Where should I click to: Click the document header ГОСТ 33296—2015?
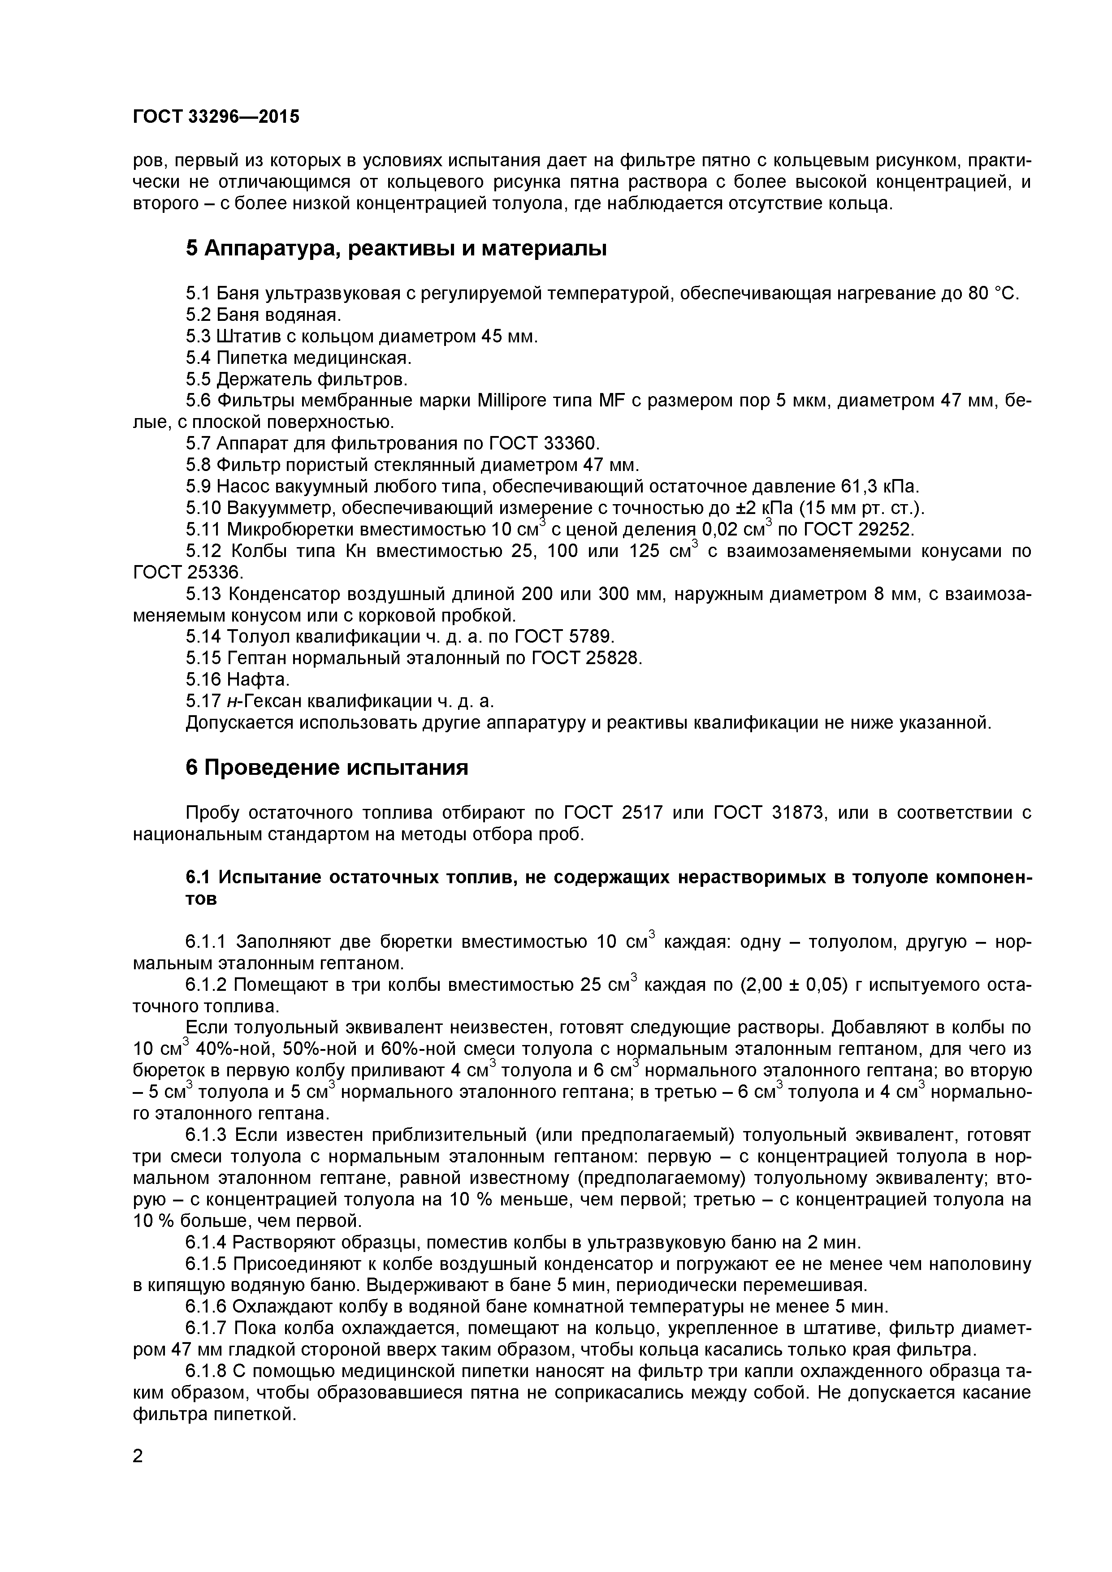coord(216,117)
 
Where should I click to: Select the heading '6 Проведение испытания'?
coord(327,768)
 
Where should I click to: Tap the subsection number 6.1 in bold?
coord(198,878)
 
